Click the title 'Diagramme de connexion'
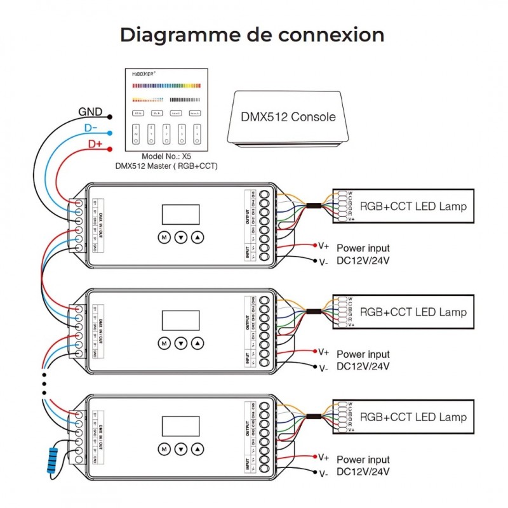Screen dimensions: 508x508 (252, 34)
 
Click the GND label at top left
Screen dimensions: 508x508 (91, 112)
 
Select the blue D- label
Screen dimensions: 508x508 (92, 128)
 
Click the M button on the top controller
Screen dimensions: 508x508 (163, 237)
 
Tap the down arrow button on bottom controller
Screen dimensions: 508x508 (182, 448)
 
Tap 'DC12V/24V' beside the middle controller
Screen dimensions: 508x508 (363, 366)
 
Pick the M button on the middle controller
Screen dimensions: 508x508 (163, 343)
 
